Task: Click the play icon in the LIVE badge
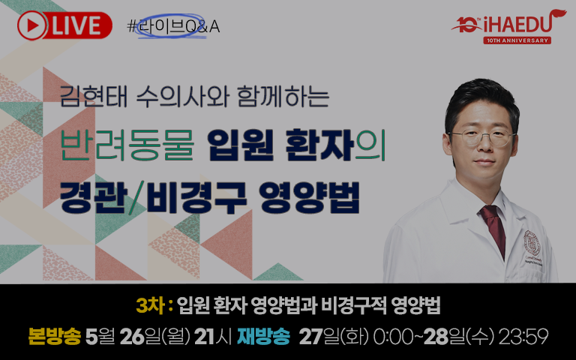point(32,25)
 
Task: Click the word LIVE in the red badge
point(76,25)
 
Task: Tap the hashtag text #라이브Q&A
point(173,26)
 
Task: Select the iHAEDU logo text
point(517,25)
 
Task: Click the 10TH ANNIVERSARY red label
point(517,40)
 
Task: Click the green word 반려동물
point(127,145)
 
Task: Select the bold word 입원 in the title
point(240,145)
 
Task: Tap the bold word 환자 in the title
point(319,145)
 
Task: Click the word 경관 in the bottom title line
point(93,198)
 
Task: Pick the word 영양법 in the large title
point(309,198)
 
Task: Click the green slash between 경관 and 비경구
point(137,198)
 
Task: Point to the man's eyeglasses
point(481,137)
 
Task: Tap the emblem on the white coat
point(532,243)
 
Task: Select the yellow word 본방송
point(54,336)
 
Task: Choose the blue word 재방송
point(263,336)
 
